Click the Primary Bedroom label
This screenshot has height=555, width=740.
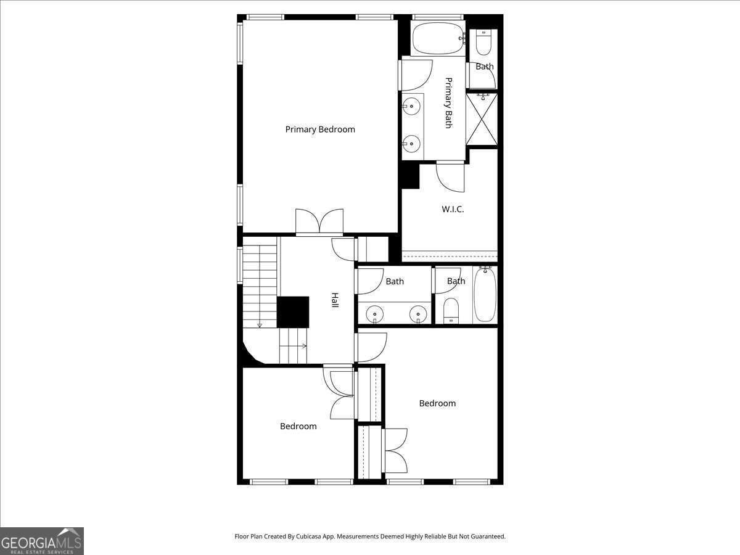(x=320, y=129)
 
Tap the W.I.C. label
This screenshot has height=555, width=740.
(x=453, y=209)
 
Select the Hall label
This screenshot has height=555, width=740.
(x=335, y=300)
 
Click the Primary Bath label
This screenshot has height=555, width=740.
(x=449, y=103)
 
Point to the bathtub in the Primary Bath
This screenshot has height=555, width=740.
(x=438, y=38)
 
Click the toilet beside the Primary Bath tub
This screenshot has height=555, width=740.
(x=484, y=43)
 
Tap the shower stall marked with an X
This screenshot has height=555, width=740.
(x=482, y=119)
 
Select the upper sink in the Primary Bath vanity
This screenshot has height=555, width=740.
(x=411, y=106)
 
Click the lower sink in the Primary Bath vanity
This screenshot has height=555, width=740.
(x=411, y=144)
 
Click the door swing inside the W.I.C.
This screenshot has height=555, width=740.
(x=450, y=178)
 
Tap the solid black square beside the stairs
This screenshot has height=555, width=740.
(x=293, y=312)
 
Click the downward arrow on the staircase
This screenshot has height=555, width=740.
(x=260, y=325)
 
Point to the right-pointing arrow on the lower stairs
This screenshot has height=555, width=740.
(x=304, y=346)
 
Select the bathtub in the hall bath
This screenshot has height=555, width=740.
(x=485, y=295)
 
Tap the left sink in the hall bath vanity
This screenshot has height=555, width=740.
(x=374, y=314)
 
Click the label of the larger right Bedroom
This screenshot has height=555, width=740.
(x=437, y=403)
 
